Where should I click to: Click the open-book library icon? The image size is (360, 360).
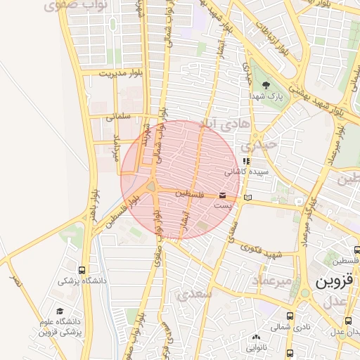click(246, 200)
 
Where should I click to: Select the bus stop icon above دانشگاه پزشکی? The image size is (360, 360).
click(83, 269)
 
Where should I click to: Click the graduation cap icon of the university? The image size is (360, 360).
click(60, 311)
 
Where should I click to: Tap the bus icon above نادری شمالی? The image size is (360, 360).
click(290, 316)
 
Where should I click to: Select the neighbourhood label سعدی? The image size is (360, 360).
click(195, 294)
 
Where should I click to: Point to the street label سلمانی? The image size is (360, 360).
click(119, 118)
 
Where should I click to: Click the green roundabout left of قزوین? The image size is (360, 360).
click(305, 293)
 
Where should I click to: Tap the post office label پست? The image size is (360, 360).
click(223, 205)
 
